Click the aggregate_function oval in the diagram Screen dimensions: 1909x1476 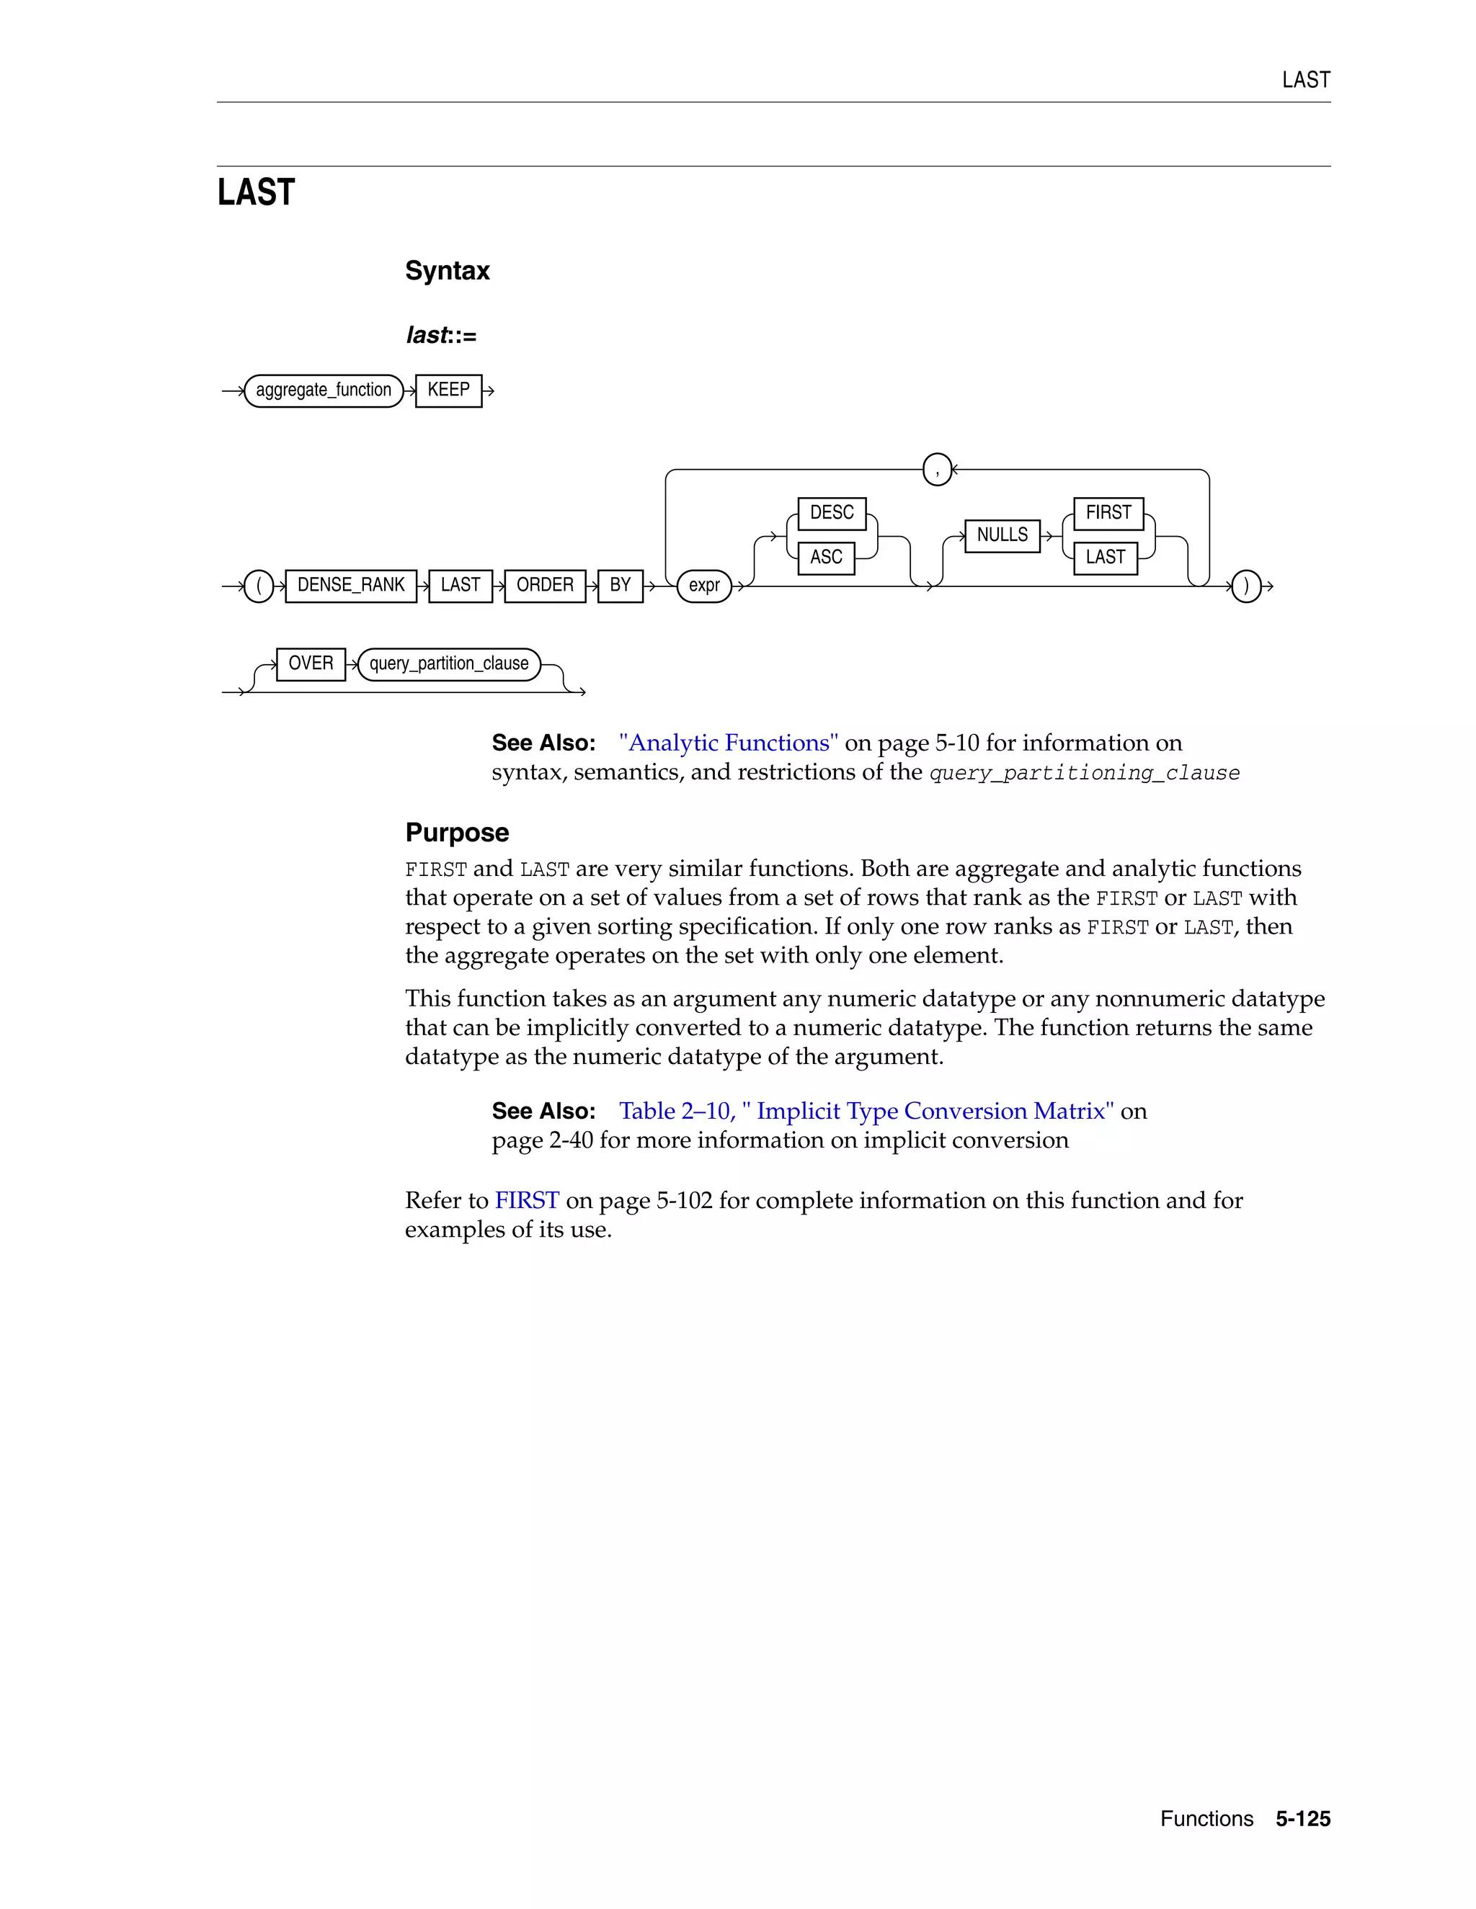(324, 390)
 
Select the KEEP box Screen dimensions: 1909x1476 (448, 390)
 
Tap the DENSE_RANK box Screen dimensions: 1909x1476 (351, 585)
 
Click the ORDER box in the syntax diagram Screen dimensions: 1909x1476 (545, 585)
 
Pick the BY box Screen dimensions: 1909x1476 (620, 585)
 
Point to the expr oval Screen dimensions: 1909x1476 (704, 586)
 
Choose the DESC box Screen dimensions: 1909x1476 (832, 513)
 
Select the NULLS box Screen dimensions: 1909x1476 (1002, 535)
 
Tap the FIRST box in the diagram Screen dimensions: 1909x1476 (1108, 513)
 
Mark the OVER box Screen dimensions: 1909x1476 (311, 663)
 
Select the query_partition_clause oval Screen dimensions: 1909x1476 (448, 664)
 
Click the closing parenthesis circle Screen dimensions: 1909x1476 (1246, 586)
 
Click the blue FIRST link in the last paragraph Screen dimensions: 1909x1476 (526, 1200)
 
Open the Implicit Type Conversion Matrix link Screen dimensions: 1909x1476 (866, 1111)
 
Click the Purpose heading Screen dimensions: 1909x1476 (456, 832)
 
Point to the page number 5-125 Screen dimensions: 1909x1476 (1302, 1818)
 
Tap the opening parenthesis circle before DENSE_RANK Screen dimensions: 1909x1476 (259, 586)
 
